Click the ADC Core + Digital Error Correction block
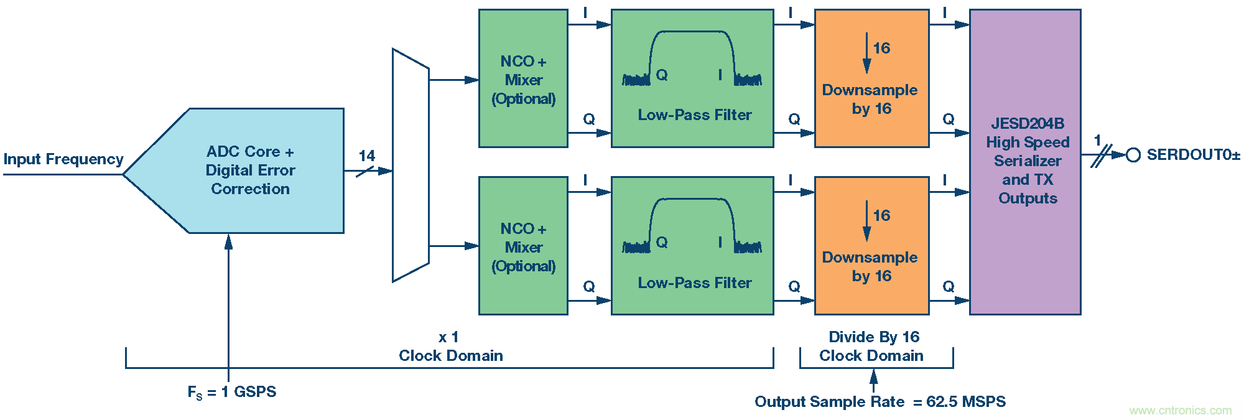click(x=249, y=170)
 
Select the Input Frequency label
click(x=63, y=159)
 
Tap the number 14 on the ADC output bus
click(x=367, y=156)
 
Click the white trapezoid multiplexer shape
click(x=411, y=166)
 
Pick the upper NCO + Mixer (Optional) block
click(x=523, y=78)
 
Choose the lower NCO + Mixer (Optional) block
click(x=523, y=246)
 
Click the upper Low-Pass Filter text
click(x=694, y=115)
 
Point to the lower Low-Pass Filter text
click(x=694, y=283)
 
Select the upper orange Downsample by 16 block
click(x=871, y=78)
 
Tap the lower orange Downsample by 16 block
click(x=871, y=246)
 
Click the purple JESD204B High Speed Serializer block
click(x=1025, y=162)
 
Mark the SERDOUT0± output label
click(x=1193, y=155)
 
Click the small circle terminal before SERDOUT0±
click(x=1133, y=155)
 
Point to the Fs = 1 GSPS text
click(x=232, y=392)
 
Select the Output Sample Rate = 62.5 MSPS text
click(x=880, y=402)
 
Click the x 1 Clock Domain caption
click(x=450, y=347)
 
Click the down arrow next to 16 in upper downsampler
click(x=866, y=54)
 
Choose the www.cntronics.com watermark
click(x=1180, y=411)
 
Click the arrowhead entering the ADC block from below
click(x=228, y=241)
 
